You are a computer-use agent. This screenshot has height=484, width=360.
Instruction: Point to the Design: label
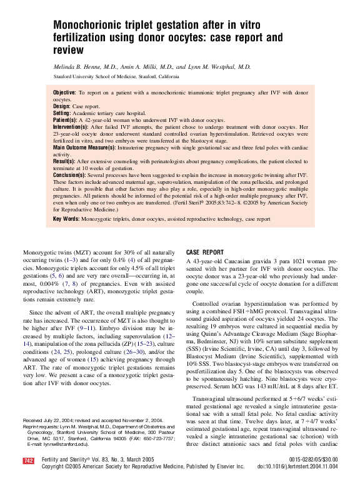coord(62,106)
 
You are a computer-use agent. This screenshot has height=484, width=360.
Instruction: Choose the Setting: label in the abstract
coord(62,113)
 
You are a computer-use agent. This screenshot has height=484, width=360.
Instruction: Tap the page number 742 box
coord(28,461)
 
